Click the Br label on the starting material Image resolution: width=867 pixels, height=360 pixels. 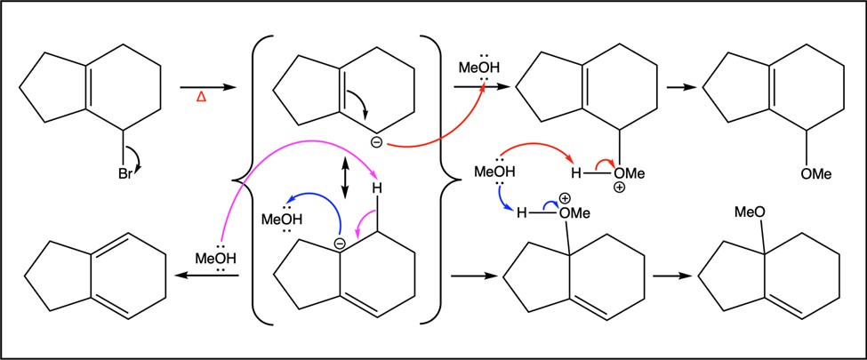click(x=125, y=175)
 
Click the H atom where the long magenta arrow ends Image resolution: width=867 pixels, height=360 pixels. click(x=377, y=188)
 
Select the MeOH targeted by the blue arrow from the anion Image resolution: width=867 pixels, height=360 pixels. click(x=282, y=219)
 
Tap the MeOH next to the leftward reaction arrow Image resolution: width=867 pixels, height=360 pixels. click(x=216, y=259)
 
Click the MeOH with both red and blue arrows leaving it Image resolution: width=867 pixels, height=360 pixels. click(x=495, y=172)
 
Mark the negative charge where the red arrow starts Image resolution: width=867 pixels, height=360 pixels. click(x=376, y=143)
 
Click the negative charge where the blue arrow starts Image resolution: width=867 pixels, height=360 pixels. click(x=340, y=243)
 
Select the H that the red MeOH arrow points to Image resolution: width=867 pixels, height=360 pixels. click(x=576, y=174)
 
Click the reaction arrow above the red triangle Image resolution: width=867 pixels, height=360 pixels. click(x=207, y=87)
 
